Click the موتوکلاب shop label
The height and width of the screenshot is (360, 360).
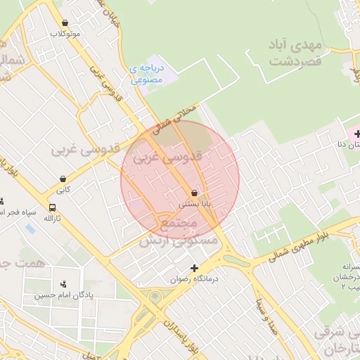pos(65,34)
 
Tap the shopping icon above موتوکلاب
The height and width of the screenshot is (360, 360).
pos(65,22)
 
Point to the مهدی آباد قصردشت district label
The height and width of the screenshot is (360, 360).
pos(295,53)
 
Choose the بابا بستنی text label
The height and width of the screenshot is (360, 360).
pos(194,204)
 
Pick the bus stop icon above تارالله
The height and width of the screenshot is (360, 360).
pos(53,207)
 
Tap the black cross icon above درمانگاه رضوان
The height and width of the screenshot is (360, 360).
pos(195,268)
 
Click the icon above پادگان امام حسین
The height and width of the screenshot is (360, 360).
pos(65,284)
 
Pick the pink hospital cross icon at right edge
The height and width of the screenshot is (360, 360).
pos(356,134)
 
